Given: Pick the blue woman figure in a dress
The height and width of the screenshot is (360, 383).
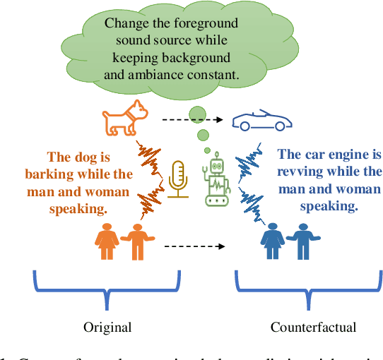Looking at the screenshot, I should [273, 242].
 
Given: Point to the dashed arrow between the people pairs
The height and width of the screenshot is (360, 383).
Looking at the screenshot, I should [194, 247].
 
